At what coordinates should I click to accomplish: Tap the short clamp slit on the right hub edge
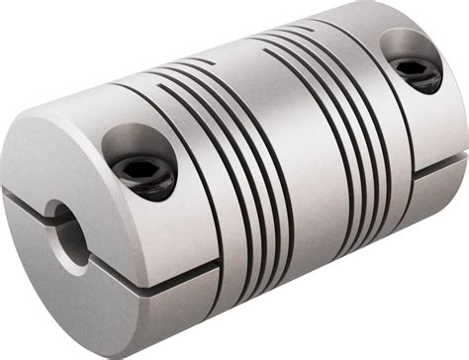point(435,170)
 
